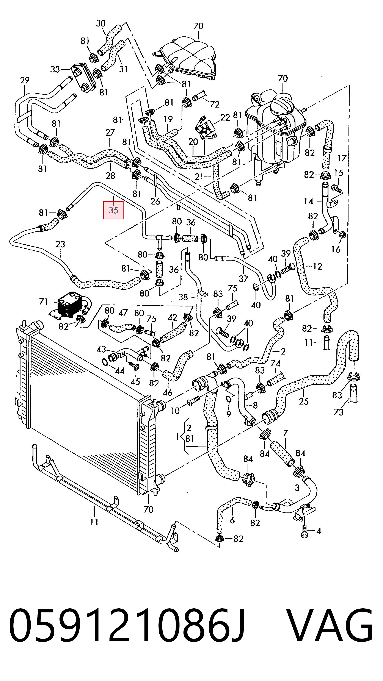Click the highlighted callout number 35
click(113, 210)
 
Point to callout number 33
click(55, 70)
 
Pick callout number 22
click(225, 117)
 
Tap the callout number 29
click(25, 80)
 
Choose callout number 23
click(60, 244)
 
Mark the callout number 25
click(304, 401)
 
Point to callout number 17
click(342, 158)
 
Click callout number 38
click(183, 297)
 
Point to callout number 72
click(215, 105)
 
